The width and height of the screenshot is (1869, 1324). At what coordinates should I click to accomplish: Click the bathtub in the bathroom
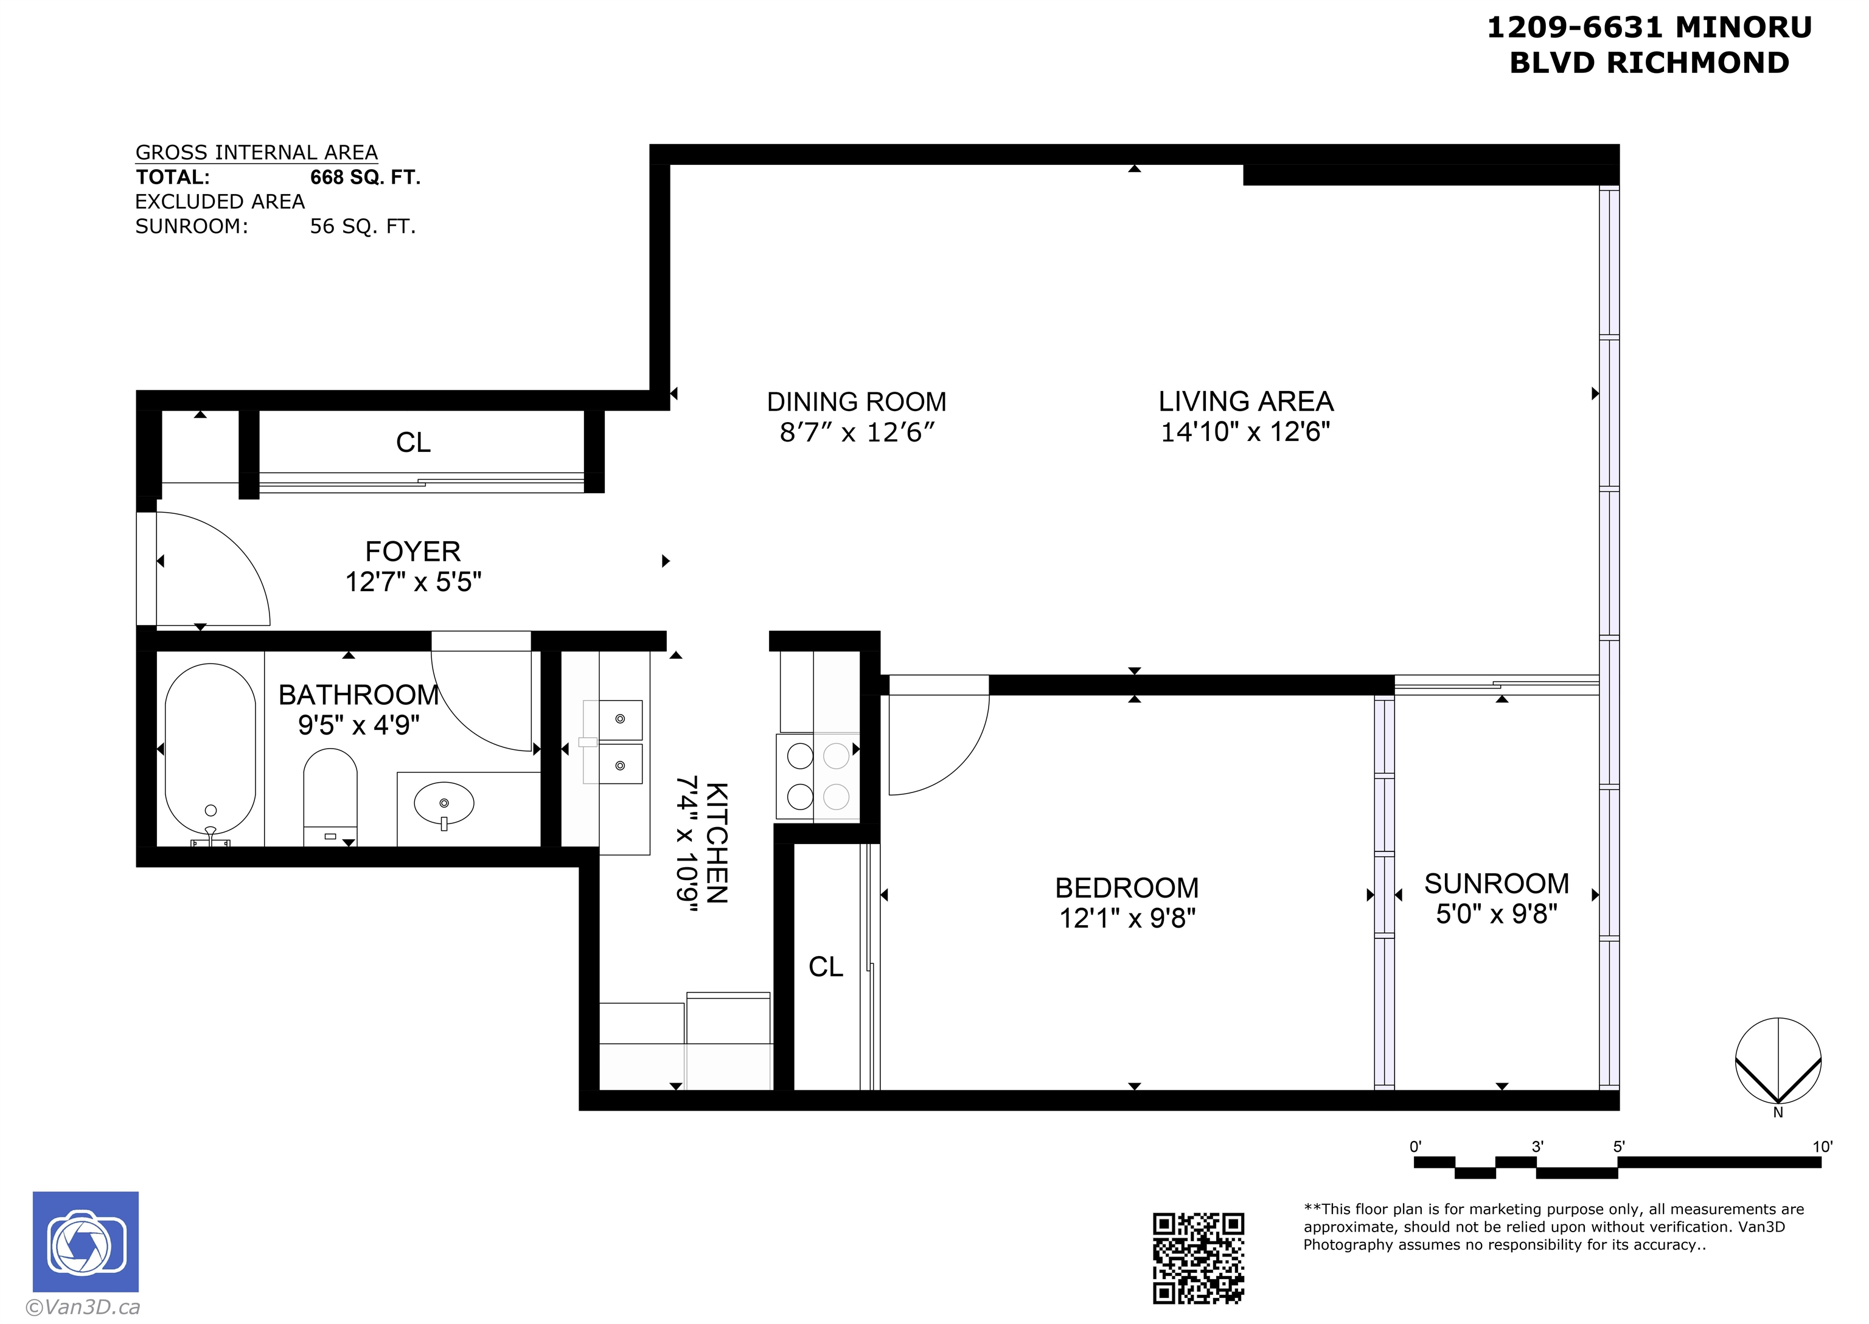pyautogui.click(x=211, y=750)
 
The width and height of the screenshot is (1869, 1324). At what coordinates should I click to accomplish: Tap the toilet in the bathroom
pyautogui.click(x=330, y=794)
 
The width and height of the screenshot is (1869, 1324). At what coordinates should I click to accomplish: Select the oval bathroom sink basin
pyautogui.click(x=444, y=804)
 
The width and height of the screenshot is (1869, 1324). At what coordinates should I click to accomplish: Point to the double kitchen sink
pyautogui.click(x=620, y=742)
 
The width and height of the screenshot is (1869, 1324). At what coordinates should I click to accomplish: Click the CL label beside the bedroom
pyautogui.click(x=825, y=967)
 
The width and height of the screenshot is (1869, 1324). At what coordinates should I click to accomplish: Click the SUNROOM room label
pyautogui.click(x=1496, y=884)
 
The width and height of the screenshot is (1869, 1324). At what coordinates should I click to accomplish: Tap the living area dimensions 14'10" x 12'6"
pyautogui.click(x=1245, y=432)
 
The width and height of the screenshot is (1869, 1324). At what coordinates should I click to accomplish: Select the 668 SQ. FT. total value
pyautogui.click(x=365, y=178)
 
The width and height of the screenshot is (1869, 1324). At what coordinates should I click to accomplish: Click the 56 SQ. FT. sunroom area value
pyautogui.click(x=363, y=227)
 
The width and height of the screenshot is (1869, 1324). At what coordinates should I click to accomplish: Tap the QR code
pyautogui.click(x=1198, y=1258)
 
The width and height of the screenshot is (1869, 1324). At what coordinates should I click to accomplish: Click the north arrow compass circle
pyautogui.click(x=1778, y=1061)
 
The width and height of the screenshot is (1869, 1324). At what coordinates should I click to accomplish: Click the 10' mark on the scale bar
pyautogui.click(x=1822, y=1147)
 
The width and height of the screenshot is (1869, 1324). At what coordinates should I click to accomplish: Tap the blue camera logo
pyautogui.click(x=86, y=1242)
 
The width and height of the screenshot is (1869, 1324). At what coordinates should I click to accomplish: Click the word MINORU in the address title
pyautogui.click(x=1744, y=28)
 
